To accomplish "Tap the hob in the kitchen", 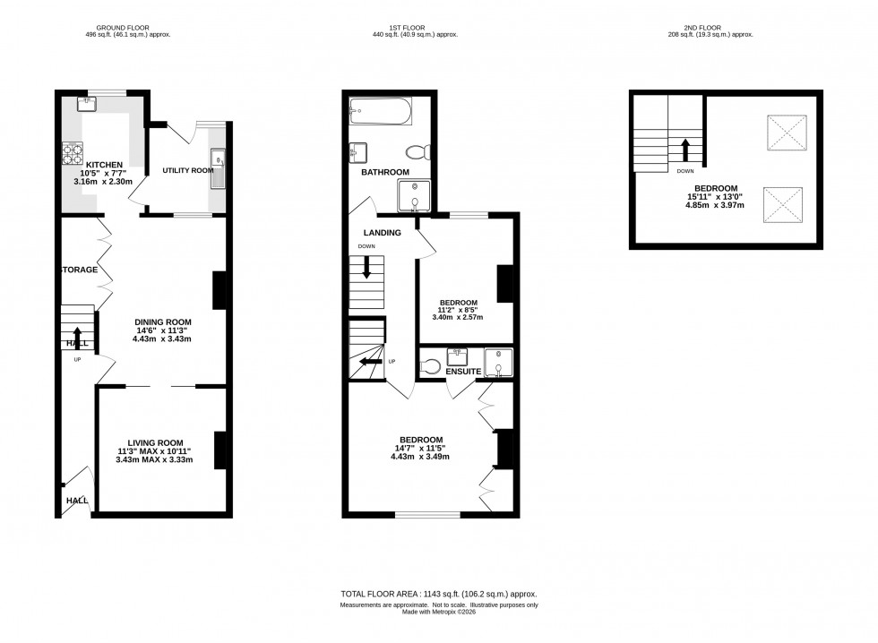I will coord(73,154).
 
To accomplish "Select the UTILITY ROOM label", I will coord(187,170).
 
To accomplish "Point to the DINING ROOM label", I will coord(163,321).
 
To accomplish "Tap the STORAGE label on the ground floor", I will coord(79,270).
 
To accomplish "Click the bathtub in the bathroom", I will coord(381,112).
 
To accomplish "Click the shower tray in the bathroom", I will coord(414,195).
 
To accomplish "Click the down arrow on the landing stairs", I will coord(366,270).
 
